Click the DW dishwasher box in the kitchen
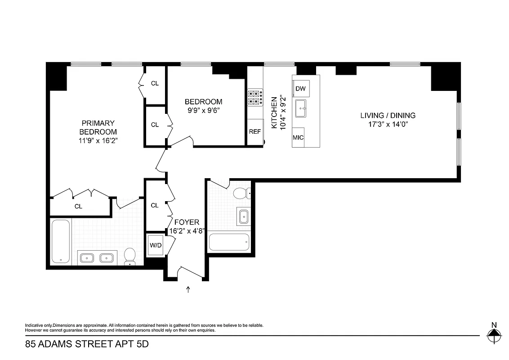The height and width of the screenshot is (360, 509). tap(300, 89)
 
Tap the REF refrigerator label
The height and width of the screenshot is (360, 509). tap(255, 132)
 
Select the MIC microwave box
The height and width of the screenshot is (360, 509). tap(298, 138)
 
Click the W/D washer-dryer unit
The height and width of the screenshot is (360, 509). tap(155, 245)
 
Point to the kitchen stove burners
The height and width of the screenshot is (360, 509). tap(255, 98)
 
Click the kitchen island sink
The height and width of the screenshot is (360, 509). tap(300, 108)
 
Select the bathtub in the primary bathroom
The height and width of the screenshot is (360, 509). tap(60, 241)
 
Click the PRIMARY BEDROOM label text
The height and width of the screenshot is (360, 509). tap(98, 127)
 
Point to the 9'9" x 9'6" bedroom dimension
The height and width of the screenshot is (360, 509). tap(203, 110)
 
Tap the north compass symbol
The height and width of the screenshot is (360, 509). tap(494, 333)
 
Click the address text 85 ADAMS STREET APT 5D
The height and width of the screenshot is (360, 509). tap(86, 345)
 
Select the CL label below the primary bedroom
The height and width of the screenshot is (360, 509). tap(79, 207)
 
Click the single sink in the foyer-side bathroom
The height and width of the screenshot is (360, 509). tap(244, 216)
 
